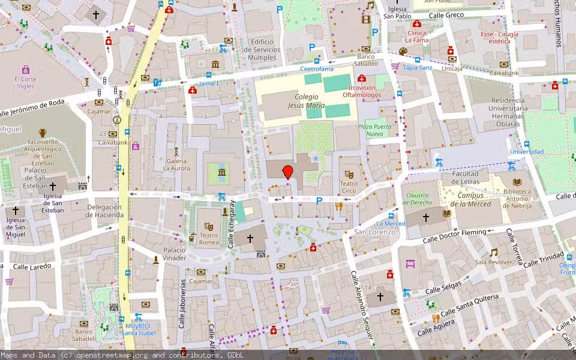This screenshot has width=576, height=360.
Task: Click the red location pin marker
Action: (x=288, y=172)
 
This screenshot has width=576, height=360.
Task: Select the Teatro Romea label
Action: (x=209, y=239)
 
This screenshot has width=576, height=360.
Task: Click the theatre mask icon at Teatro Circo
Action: (x=349, y=174)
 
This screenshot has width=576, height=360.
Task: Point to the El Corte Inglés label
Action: (x=25, y=82)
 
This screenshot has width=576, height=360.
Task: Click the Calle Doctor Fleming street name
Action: (x=454, y=235)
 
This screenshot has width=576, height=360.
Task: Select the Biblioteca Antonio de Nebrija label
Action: (x=517, y=196)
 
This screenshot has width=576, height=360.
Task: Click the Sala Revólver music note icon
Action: (x=493, y=253)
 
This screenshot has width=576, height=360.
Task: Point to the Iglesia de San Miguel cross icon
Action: (x=16, y=211)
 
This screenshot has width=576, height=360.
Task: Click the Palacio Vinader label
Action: (x=175, y=254)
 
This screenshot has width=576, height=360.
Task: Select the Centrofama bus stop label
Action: (x=317, y=69)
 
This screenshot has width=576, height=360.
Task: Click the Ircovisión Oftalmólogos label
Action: (x=362, y=91)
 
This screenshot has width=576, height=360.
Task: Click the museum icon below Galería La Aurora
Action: (x=222, y=174)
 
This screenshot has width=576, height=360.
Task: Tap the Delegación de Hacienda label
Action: (x=104, y=211)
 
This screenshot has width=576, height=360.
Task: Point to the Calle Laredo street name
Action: (x=32, y=266)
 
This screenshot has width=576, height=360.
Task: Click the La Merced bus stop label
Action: (x=391, y=224)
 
